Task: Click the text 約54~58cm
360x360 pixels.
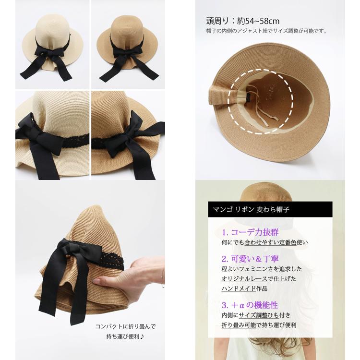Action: point(258,21)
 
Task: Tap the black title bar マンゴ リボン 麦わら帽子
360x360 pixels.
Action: point(270,209)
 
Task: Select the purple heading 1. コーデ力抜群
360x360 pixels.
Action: point(250,232)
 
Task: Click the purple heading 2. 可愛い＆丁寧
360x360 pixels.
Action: point(250,259)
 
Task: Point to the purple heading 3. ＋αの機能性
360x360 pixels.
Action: point(250,305)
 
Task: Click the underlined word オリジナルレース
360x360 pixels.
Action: point(244,279)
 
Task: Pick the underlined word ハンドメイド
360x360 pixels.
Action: point(239,288)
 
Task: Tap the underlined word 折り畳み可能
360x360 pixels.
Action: point(239,325)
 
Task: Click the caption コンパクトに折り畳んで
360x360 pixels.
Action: point(126,326)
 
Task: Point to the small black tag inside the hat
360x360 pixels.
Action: point(250,97)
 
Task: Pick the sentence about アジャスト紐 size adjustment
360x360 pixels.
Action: point(266,31)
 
